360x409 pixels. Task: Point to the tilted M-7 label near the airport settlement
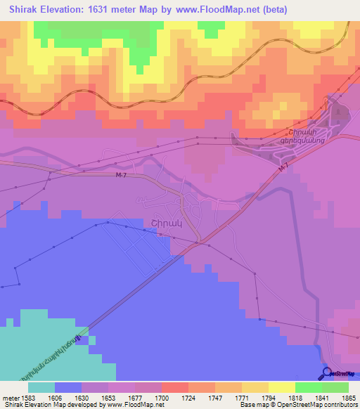pyautogui.click(x=283, y=169)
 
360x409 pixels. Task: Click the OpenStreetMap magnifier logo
pyautogui.click(x=327, y=373)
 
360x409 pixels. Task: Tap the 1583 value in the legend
pyautogui.click(x=26, y=397)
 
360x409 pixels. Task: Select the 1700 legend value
pyautogui.click(x=162, y=397)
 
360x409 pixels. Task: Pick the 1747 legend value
pyautogui.click(x=216, y=397)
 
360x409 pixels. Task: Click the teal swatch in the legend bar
pyautogui.click(x=41, y=387)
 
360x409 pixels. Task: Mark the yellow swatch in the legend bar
pyautogui.click(x=281, y=387)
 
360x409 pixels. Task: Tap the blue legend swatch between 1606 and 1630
pyautogui.click(x=68, y=387)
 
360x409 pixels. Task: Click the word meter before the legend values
pyautogui.click(x=11, y=397)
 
